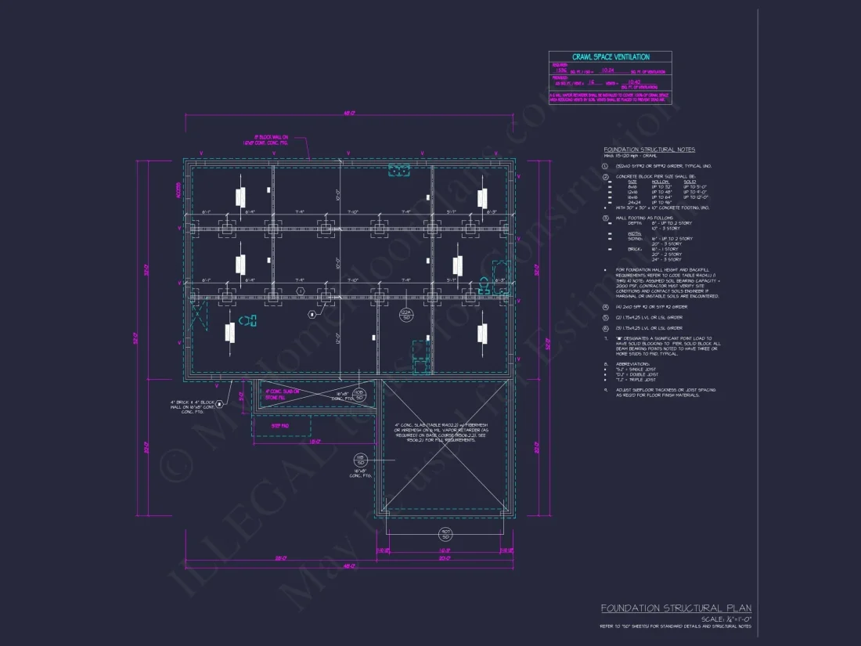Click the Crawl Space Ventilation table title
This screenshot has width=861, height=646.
pyautogui.click(x=610, y=56)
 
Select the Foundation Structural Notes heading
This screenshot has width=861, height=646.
pyautogui.click(x=638, y=150)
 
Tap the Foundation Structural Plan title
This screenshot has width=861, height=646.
pyautogui.click(x=675, y=608)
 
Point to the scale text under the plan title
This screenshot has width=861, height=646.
pyautogui.click(x=726, y=619)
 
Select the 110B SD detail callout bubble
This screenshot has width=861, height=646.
pyautogui.click(x=358, y=395)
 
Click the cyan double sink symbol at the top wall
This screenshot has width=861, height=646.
pyautogui.click(x=400, y=171)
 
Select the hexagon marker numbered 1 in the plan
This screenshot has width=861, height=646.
pyautogui.click(x=300, y=291)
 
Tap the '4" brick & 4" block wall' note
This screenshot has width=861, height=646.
pyautogui.click(x=192, y=406)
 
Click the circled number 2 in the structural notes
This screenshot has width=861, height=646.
pyautogui.click(x=605, y=177)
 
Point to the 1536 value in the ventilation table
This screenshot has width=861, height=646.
pyautogui.click(x=559, y=69)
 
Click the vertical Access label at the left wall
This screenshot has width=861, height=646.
pyautogui.click(x=178, y=189)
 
